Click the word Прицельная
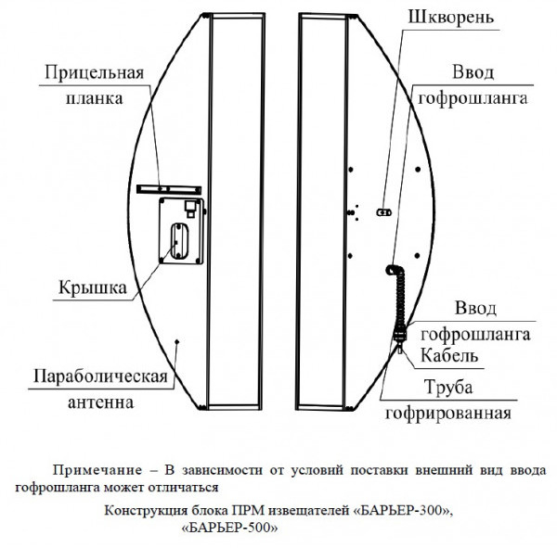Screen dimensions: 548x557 coord(93,73)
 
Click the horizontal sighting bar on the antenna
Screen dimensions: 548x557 coord(167,187)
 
